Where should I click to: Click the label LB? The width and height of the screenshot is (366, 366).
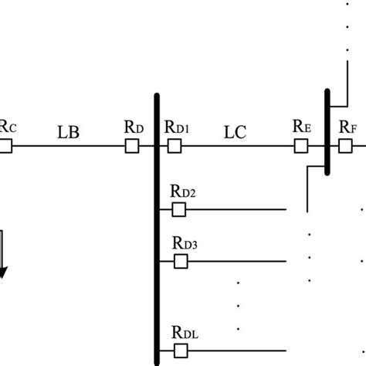(69, 131)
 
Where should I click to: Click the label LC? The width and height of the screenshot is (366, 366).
(235, 131)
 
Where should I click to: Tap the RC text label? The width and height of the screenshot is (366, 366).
(6, 127)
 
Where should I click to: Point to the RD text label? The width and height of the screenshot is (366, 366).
(133, 126)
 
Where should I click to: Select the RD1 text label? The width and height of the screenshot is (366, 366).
(178, 127)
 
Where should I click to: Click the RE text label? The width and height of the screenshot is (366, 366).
(302, 126)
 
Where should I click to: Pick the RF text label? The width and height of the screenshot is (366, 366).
(348, 126)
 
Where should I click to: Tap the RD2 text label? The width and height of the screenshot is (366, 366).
(183, 191)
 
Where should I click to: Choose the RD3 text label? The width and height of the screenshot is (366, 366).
(183, 244)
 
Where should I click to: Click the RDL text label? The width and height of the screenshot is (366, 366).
(184, 334)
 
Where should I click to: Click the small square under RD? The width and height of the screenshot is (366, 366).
(133, 145)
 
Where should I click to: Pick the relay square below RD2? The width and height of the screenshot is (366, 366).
(179, 209)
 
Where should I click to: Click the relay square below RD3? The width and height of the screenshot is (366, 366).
(179, 262)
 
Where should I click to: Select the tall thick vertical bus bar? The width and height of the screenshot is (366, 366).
(157, 232)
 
